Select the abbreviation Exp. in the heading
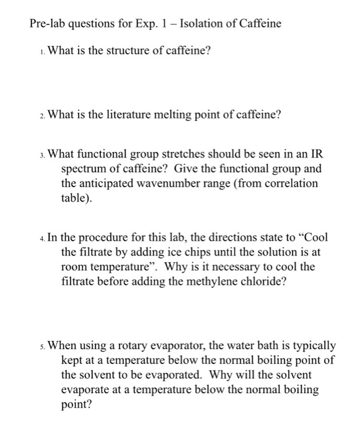click(134, 24)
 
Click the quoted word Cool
click(314, 237)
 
